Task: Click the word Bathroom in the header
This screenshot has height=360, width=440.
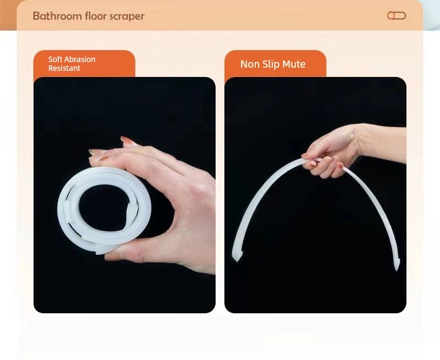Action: tap(58, 16)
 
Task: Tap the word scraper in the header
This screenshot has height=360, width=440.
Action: tap(127, 16)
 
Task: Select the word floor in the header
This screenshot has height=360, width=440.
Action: tap(96, 16)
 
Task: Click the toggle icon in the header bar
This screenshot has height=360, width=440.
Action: tap(396, 16)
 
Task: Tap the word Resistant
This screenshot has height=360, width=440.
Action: tap(64, 68)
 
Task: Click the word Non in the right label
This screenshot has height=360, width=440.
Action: tap(250, 64)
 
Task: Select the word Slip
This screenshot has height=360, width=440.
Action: tap(271, 64)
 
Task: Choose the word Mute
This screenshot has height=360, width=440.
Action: tap(294, 64)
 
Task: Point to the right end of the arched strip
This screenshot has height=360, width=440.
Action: tap(397, 265)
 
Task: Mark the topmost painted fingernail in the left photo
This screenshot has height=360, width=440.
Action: tap(127, 140)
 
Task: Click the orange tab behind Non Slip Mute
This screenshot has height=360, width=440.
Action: tap(276, 64)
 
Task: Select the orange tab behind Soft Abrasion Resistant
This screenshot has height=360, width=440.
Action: tap(84, 64)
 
